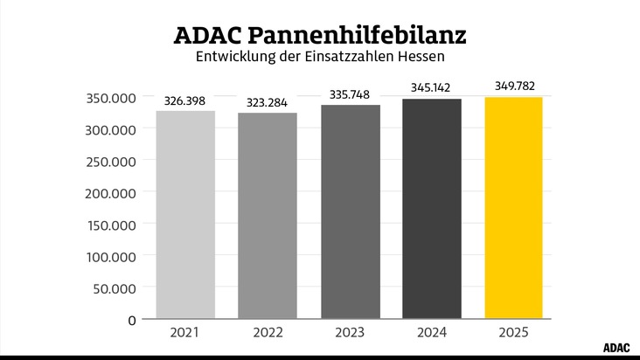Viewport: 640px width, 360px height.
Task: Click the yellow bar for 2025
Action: (514, 208)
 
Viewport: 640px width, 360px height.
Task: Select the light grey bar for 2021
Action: (185, 215)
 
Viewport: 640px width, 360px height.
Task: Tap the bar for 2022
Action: (268, 216)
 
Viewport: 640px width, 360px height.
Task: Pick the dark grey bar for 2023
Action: (350, 212)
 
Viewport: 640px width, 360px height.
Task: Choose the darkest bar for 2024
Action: (432, 209)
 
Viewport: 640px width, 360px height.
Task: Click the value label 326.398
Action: (185, 101)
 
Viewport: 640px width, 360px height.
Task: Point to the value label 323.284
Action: (268, 103)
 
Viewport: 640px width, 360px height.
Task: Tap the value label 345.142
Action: (432, 88)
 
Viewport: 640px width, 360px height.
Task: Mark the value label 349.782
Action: (514, 86)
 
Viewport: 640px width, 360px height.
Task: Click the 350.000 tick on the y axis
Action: (111, 98)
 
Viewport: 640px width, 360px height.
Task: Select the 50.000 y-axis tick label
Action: (115, 288)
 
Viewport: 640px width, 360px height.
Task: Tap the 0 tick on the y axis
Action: (131, 321)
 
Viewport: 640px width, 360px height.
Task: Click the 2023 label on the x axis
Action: (350, 333)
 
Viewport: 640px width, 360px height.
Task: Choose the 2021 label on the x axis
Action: (185, 333)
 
